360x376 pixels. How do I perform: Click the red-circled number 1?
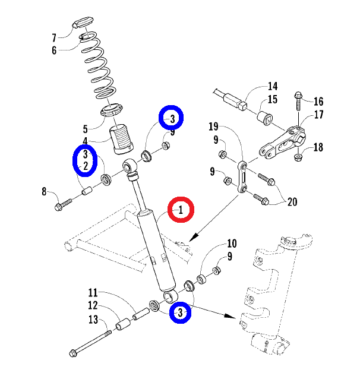click(x=182, y=210)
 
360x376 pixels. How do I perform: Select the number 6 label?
click(x=54, y=50)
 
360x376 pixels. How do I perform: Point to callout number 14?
click(x=273, y=86)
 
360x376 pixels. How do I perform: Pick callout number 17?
click(x=318, y=115)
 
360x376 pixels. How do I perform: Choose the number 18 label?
click(x=318, y=147)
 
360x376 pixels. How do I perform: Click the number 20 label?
click(x=292, y=202)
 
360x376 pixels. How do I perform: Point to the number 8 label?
click(x=43, y=191)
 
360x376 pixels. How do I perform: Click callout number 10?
click(x=231, y=244)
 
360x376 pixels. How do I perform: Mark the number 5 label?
click(x=85, y=128)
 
